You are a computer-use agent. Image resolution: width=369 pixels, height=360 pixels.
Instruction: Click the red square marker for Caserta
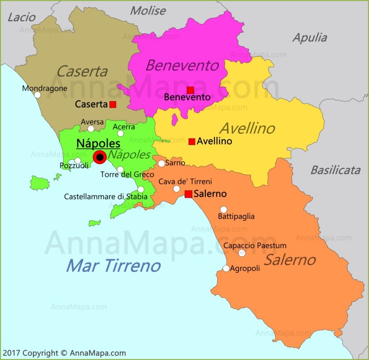click(x=113, y=104)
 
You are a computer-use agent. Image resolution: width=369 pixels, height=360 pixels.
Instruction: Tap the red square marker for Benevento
click(x=191, y=90)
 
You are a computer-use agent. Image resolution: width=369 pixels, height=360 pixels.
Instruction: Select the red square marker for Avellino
click(x=192, y=141)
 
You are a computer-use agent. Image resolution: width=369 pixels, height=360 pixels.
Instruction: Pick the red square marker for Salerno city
click(x=188, y=194)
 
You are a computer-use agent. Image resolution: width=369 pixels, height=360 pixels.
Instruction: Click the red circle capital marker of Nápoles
click(x=99, y=157)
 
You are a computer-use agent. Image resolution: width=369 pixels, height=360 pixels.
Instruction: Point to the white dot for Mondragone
click(x=38, y=95)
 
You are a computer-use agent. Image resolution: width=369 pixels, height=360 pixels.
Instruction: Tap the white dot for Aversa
click(x=91, y=129)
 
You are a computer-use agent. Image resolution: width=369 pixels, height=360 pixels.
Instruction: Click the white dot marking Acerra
click(x=120, y=133)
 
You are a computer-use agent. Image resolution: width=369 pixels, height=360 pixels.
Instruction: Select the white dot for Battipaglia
click(x=224, y=209)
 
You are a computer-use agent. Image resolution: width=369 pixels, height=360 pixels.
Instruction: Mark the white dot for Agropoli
click(x=226, y=268)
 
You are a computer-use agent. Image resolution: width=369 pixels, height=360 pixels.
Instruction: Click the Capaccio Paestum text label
click(x=255, y=245)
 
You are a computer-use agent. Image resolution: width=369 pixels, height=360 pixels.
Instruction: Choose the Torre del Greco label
click(x=127, y=174)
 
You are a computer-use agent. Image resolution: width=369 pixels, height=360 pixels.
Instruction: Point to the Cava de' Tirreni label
click(x=185, y=181)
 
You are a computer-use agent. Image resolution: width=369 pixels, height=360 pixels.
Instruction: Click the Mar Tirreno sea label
click(x=113, y=266)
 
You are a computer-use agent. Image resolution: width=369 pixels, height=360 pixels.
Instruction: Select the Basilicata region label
click(x=335, y=170)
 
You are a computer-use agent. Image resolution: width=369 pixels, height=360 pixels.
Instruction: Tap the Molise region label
click(x=148, y=10)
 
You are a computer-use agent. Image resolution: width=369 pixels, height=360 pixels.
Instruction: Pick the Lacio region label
click(x=21, y=17)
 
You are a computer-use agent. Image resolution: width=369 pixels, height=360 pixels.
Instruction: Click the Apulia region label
click(x=310, y=38)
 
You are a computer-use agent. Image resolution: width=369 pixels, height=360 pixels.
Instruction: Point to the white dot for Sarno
click(x=161, y=163)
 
